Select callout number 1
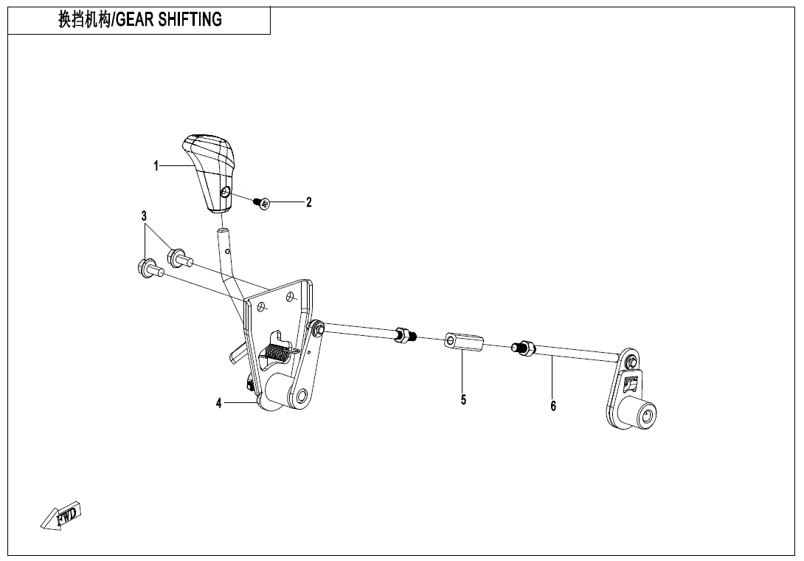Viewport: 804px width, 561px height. pyautogui.click(x=156, y=166)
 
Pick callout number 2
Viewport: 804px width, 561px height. pyautogui.click(x=308, y=202)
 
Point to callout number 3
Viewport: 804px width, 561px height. pyautogui.click(x=144, y=216)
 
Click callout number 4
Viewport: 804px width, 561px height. pyautogui.click(x=219, y=404)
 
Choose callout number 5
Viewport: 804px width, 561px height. pyautogui.click(x=463, y=400)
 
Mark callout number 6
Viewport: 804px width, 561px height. pyautogui.click(x=553, y=406)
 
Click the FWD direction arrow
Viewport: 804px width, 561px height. pyautogui.click(x=61, y=515)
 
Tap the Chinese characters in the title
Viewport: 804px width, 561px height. pyautogui.click(x=84, y=19)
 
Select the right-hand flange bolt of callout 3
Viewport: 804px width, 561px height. pyautogui.click(x=180, y=257)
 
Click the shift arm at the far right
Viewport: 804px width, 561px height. pyautogui.click(x=630, y=392)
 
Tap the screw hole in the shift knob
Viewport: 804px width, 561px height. pyautogui.click(x=225, y=192)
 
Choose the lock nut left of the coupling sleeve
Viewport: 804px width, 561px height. pyautogui.click(x=405, y=336)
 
